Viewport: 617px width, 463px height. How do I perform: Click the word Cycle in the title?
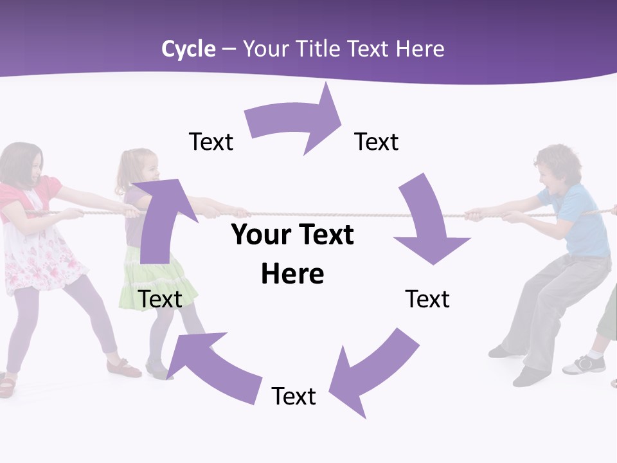click(188, 49)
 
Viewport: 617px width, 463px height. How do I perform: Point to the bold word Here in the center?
click(292, 274)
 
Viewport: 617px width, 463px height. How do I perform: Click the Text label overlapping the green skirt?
click(160, 299)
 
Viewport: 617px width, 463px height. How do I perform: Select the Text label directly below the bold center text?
click(294, 396)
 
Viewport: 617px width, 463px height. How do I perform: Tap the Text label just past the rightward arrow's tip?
click(377, 141)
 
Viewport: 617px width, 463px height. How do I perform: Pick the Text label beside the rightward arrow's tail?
click(211, 141)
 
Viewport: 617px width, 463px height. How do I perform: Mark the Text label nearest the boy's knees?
click(427, 299)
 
